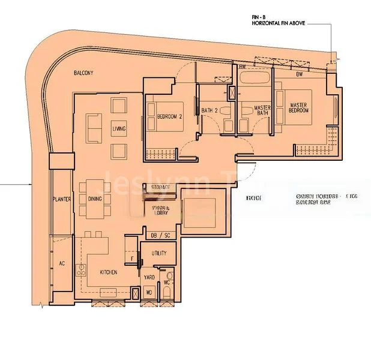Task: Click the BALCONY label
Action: (x=83, y=73)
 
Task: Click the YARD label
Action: (x=149, y=277)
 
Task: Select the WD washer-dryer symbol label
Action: (x=149, y=293)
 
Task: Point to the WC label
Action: (x=168, y=282)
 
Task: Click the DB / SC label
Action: (x=158, y=235)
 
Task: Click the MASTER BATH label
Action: (x=262, y=110)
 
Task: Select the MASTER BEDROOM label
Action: (x=298, y=108)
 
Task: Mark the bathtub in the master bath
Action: (x=256, y=79)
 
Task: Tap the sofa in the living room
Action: (x=94, y=127)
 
